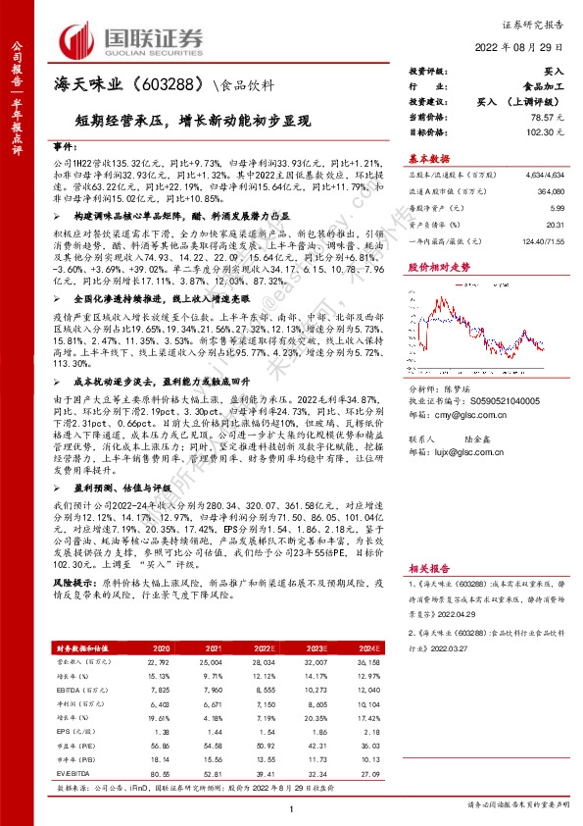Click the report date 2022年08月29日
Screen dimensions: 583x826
pyautogui.click(x=528, y=47)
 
